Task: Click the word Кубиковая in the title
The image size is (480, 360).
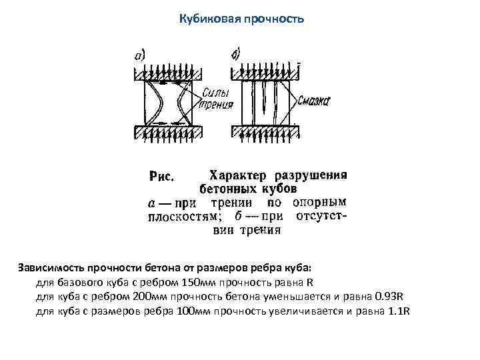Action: pyautogui.click(x=205, y=19)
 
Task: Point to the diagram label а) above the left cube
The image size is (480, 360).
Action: pyautogui.click(x=141, y=56)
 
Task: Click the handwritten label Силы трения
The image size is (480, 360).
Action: pyautogui.click(x=217, y=99)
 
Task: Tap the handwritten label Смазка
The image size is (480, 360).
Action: pyautogui.click(x=314, y=101)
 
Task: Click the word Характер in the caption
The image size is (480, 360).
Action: pyautogui.click(x=237, y=175)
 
